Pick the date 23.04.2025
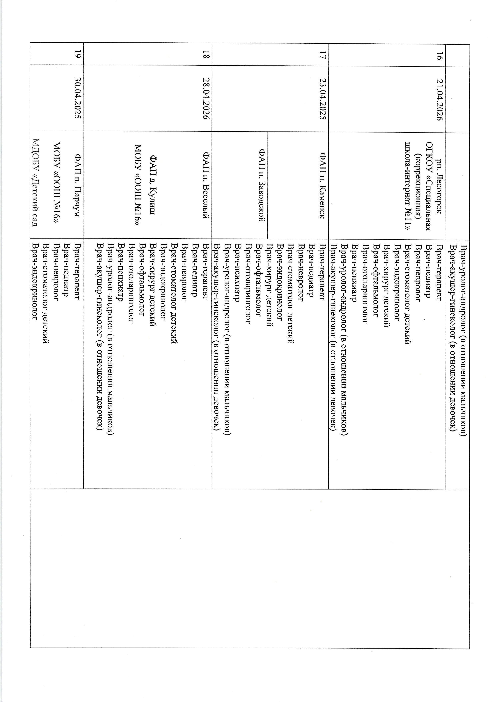coord(323,100)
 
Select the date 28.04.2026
coord(207,100)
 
